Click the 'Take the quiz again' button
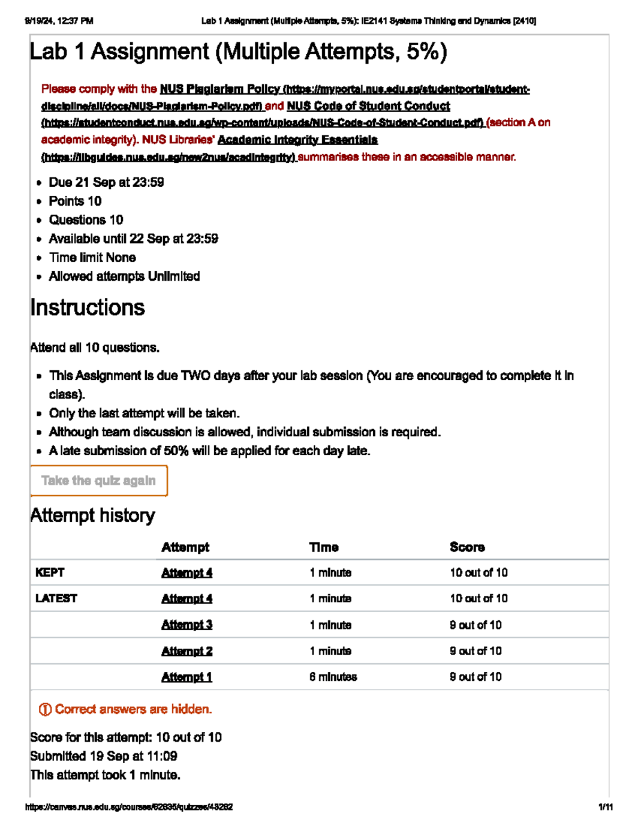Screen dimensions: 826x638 (x=99, y=481)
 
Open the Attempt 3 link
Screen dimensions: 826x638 (x=187, y=625)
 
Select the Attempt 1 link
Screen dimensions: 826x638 (x=187, y=677)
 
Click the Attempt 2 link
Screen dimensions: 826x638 (x=187, y=651)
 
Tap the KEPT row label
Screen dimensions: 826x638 (x=49, y=573)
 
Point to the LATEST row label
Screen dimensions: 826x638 (x=56, y=599)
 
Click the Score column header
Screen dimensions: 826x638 (x=467, y=547)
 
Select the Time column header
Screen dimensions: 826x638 (x=324, y=547)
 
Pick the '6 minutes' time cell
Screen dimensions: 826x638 (x=333, y=677)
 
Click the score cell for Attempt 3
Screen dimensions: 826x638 (x=475, y=625)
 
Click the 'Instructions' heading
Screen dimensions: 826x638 (x=87, y=308)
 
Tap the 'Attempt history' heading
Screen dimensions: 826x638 (x=93, y=515)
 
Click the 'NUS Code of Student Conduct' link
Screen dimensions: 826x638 (x=368, y=106)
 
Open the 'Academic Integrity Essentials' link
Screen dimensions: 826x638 (x=298, y=140)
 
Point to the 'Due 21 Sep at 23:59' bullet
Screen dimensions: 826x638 (x=106, y=182)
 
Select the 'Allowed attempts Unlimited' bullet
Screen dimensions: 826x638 (x=124, y=277)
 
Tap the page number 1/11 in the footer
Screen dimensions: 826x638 (x=605, y=807)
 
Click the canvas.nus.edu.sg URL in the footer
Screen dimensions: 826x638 (x=129, y=807)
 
